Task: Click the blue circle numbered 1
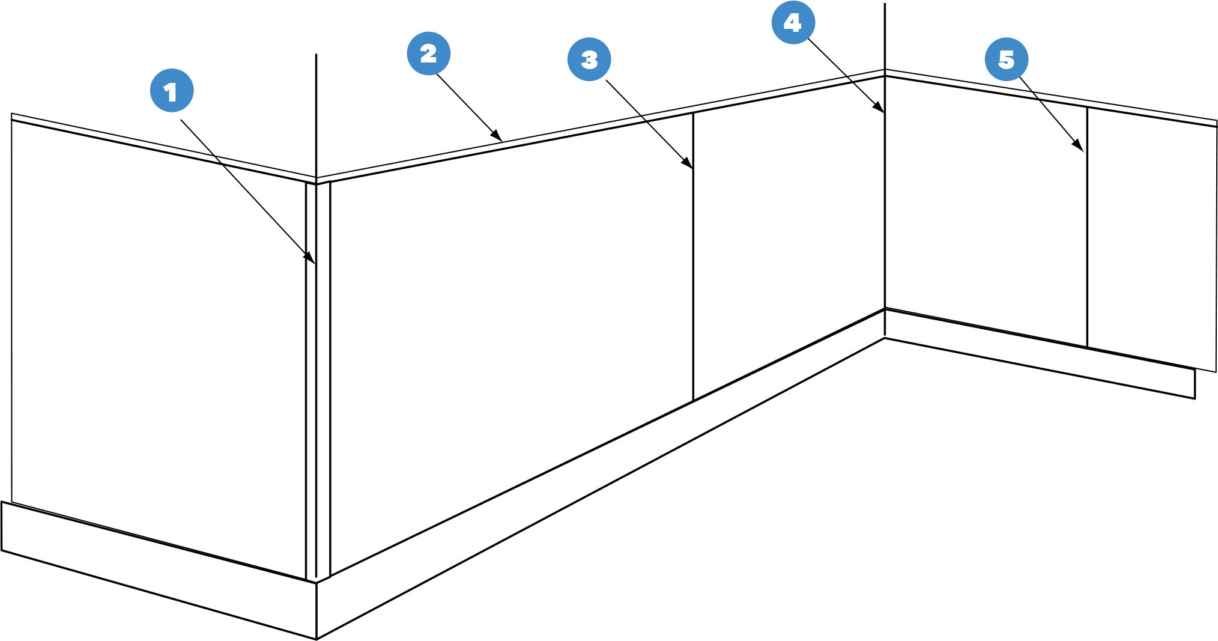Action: click(x=172, y=91)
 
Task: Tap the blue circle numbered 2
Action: click(x=429, y=53)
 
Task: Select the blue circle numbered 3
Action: click(x=589, y=59)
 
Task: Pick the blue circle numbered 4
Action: click(x=793, y=22)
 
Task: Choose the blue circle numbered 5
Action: click(x=1007, y=59)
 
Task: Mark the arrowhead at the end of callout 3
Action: click(x=687, y=162)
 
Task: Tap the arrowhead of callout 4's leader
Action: click(x=878, y=107)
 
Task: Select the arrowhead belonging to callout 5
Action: click(x=1079, y=146)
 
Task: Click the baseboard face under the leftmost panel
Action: click(x=159, y=570)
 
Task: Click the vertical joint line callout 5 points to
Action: click(x=1087, y=227)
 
